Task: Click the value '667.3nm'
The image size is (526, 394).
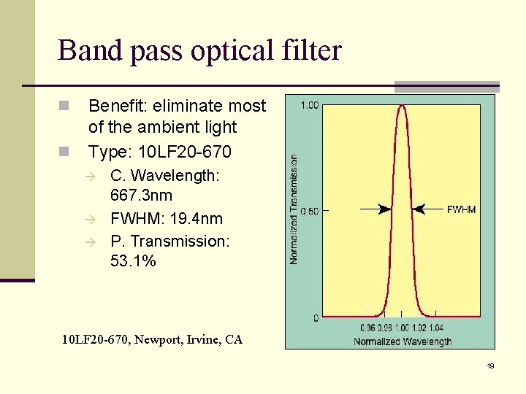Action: pyautogui.click(x=141, y=196)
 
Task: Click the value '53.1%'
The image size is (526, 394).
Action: pyautogui.click(x=133, y=260)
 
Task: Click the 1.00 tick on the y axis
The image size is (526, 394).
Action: pyautogui.click(x=310, y=105)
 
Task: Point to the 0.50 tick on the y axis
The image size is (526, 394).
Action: pyautogui.click(x=310, y=212)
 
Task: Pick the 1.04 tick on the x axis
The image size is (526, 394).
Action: pyautogui.click(x=436, y=329)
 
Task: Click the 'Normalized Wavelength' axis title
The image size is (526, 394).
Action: pyautogui.click(x=402, y=341)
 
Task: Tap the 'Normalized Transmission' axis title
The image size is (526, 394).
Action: pyautogui.click(x=294, y=209)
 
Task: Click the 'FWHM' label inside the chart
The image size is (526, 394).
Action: pyautogui.click(x=461, y=209)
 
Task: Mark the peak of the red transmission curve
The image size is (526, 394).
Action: pyautogui.click(x=401, y=105)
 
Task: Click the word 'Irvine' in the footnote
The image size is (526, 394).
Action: pyautogui.click(x=202, y=339)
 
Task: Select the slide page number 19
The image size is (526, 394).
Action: pyautogui.click(x=490, y=366)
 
